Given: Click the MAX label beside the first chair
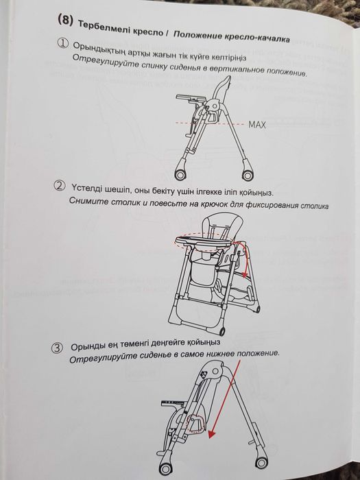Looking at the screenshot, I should [x=257, y=125].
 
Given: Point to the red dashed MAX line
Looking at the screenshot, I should [x=206, y=124].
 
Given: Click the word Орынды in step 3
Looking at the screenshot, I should [x=88, y=344].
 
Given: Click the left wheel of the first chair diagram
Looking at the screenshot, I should [x=182, y=171].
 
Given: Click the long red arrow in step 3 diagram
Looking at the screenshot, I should [x=223, y=398].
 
